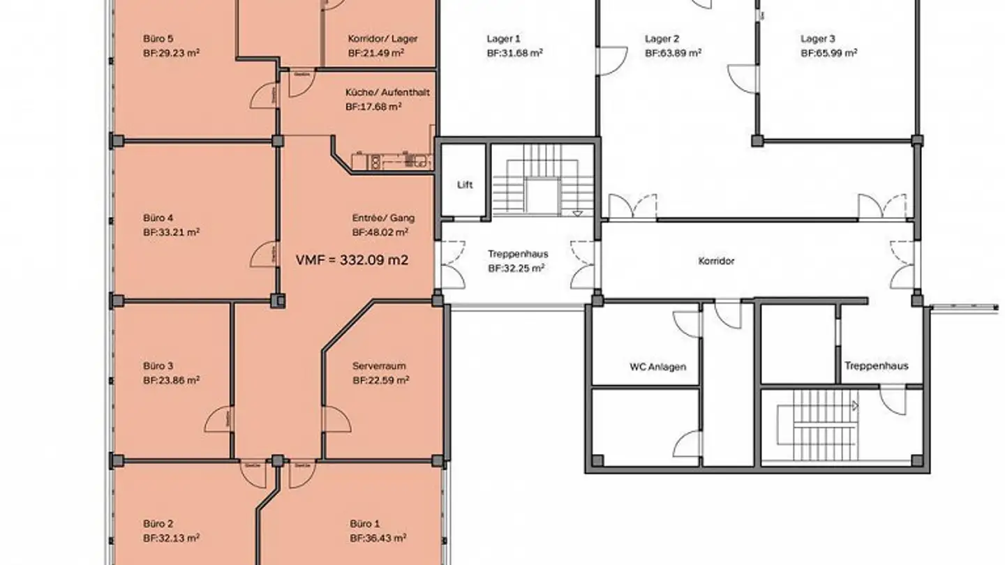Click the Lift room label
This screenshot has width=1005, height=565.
(x=465, y=185)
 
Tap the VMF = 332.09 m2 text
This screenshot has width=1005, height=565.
(x=352, y=260)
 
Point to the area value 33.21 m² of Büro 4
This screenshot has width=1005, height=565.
(x=172, y=232)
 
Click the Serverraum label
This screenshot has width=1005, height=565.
(x=379, y=366)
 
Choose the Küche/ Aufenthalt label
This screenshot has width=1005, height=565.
(x=387, y=93)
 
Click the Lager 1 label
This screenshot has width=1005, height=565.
(x=503, y=39)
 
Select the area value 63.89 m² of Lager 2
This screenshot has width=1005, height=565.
(x=673, y=53)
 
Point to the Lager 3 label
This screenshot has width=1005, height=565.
(x=818, y=39)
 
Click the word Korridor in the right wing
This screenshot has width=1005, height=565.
(x=716, y=262)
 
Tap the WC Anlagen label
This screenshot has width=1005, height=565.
(x=657, y=366)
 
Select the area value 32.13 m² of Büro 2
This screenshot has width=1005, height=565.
(x=172, y=538)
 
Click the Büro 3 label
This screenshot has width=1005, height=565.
(x=158, y=366)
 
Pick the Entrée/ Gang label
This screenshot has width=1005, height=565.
(x=383, y=218)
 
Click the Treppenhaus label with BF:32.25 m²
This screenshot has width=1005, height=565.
(x=516, y=254)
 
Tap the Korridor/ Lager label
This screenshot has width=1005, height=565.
(x=382, y=39)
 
